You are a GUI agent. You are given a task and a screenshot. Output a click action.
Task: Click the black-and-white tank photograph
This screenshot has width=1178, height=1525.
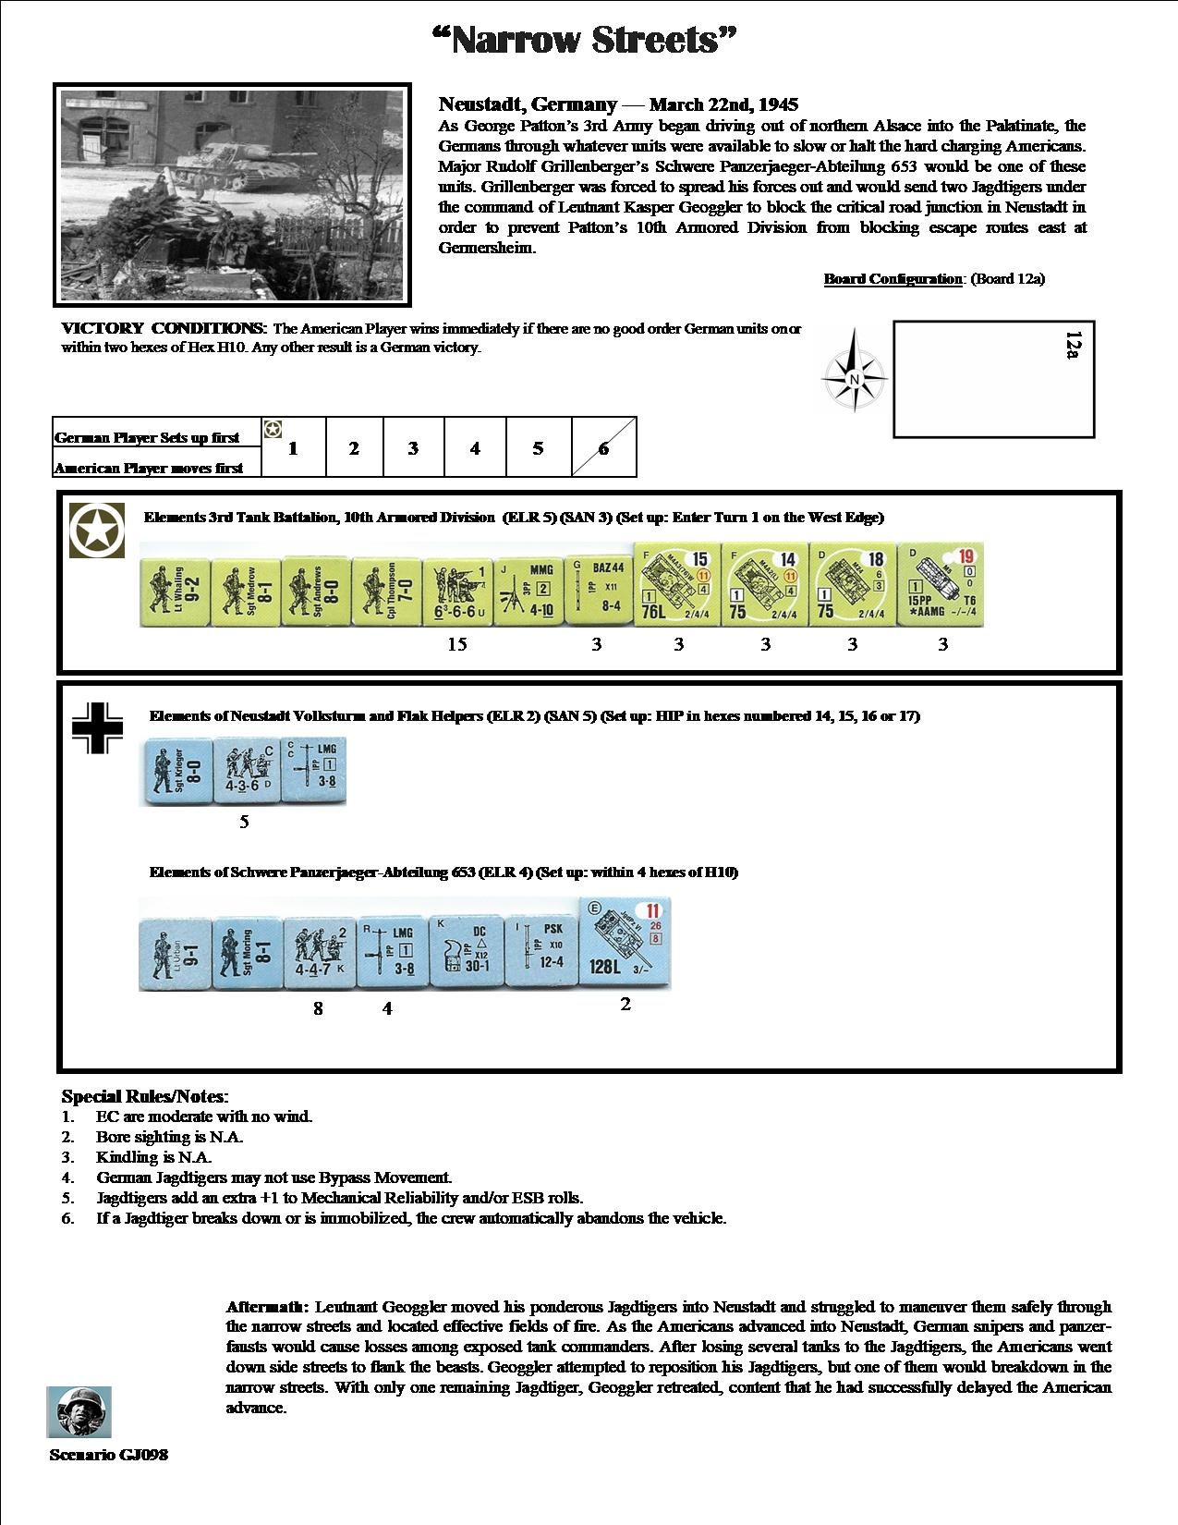[232, 194]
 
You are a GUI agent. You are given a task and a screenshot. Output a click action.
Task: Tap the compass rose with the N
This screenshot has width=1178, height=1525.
[854, 380]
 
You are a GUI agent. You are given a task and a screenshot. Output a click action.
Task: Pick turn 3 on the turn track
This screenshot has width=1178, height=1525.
[413, 448]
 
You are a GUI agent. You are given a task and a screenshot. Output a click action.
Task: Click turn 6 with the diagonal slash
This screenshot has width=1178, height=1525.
[603, 448]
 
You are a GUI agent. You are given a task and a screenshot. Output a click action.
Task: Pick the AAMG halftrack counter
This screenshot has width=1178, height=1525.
[940, 585]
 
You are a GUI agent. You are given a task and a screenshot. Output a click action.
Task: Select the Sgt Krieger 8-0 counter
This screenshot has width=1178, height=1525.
[176, 771]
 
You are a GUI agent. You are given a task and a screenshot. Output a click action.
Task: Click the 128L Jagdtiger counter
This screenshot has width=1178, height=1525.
[625, 943]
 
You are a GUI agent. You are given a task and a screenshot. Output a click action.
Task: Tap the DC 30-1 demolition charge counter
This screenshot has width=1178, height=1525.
[466, 954]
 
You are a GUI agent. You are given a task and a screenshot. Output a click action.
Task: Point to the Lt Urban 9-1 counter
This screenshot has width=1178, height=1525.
[175, 954]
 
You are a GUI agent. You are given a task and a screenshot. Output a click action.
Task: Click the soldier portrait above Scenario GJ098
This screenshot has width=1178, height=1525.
[79, 1411]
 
